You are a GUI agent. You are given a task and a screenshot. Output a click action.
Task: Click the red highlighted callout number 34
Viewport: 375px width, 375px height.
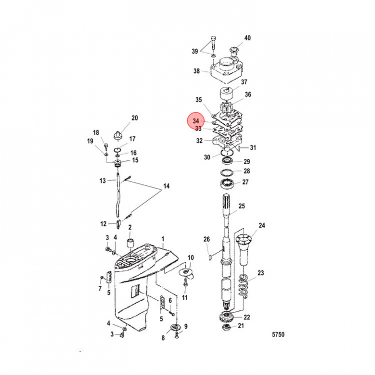point(195,120)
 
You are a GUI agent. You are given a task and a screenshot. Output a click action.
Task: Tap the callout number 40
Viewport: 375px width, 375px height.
point(247,38)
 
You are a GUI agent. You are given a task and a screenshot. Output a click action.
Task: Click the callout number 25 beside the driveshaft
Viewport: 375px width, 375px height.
point(241,207)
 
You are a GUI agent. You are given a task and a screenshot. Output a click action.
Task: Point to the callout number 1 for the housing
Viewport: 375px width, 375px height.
point(162,238)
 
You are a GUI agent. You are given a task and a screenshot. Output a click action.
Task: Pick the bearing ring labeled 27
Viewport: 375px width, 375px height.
point(227,182)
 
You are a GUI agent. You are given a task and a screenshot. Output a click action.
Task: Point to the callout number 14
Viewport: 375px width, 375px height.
point(166,186)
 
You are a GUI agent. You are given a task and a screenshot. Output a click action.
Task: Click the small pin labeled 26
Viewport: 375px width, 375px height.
point(209,256)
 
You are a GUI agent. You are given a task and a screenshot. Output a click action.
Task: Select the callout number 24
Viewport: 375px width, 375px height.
point(262,226)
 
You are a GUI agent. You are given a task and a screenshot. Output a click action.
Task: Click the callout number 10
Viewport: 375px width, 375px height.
point(190,258)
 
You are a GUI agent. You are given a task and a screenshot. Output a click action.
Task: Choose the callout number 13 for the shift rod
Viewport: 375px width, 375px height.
point(103,180)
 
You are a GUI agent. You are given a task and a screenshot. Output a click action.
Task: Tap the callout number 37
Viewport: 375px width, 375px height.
point(244,82)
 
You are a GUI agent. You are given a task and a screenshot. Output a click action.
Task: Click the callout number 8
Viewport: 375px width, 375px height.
point(162,338)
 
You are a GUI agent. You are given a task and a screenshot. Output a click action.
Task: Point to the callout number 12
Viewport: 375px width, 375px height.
point(104,224)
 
